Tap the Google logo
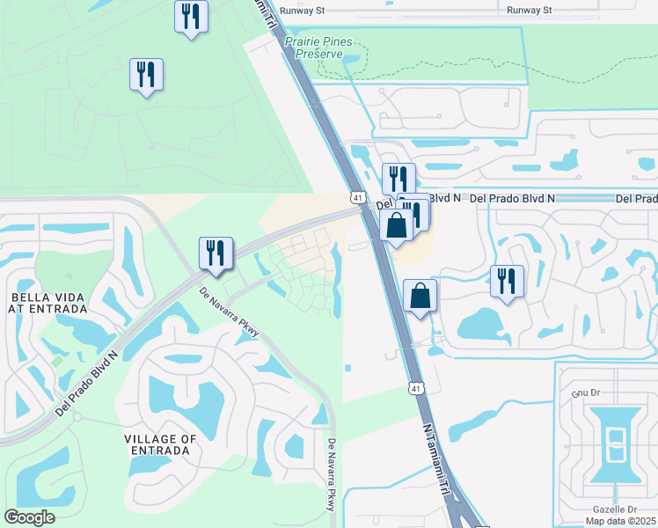tap(29, 517)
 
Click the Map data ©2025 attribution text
tap(621, 521)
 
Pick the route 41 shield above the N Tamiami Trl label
tap(414, 387)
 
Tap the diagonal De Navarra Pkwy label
tap(230, 312)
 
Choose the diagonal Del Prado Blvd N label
tap(85, 385)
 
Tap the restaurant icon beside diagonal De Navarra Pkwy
tap(215, 253)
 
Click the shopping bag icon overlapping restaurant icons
tap(397, 225)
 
